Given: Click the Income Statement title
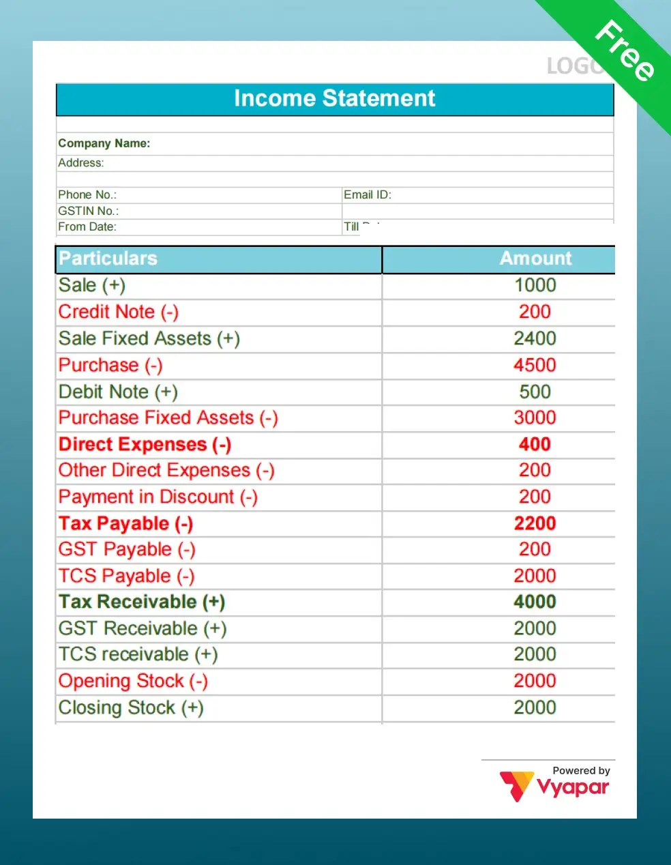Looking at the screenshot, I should coord(334,99).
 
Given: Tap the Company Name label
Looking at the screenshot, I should coord(104,143).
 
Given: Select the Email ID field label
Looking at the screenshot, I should coord(367,195).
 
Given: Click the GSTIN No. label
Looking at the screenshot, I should coord(88,211).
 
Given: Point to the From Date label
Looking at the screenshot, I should coord(87,227).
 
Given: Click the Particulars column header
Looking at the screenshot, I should coord(108,259).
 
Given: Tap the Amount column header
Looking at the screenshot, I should coord(535,259).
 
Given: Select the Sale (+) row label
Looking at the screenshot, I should coord(91,285).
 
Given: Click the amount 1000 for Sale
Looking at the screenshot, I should coord(535,285).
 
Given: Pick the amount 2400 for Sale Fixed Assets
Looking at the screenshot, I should coord(535,338).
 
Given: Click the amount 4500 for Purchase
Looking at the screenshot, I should coord(535,365).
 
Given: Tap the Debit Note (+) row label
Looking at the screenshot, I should coord(118,392).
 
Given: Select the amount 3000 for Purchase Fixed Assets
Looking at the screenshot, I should coord(535,417).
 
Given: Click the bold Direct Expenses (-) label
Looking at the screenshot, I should coord(145,444).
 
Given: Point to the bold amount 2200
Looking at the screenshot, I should coord(535,523).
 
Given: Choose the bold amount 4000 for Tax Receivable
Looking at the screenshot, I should coord(535,602).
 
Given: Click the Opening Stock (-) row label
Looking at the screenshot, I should coord(133,681).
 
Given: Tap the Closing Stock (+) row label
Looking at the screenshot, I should coord(131,707).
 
